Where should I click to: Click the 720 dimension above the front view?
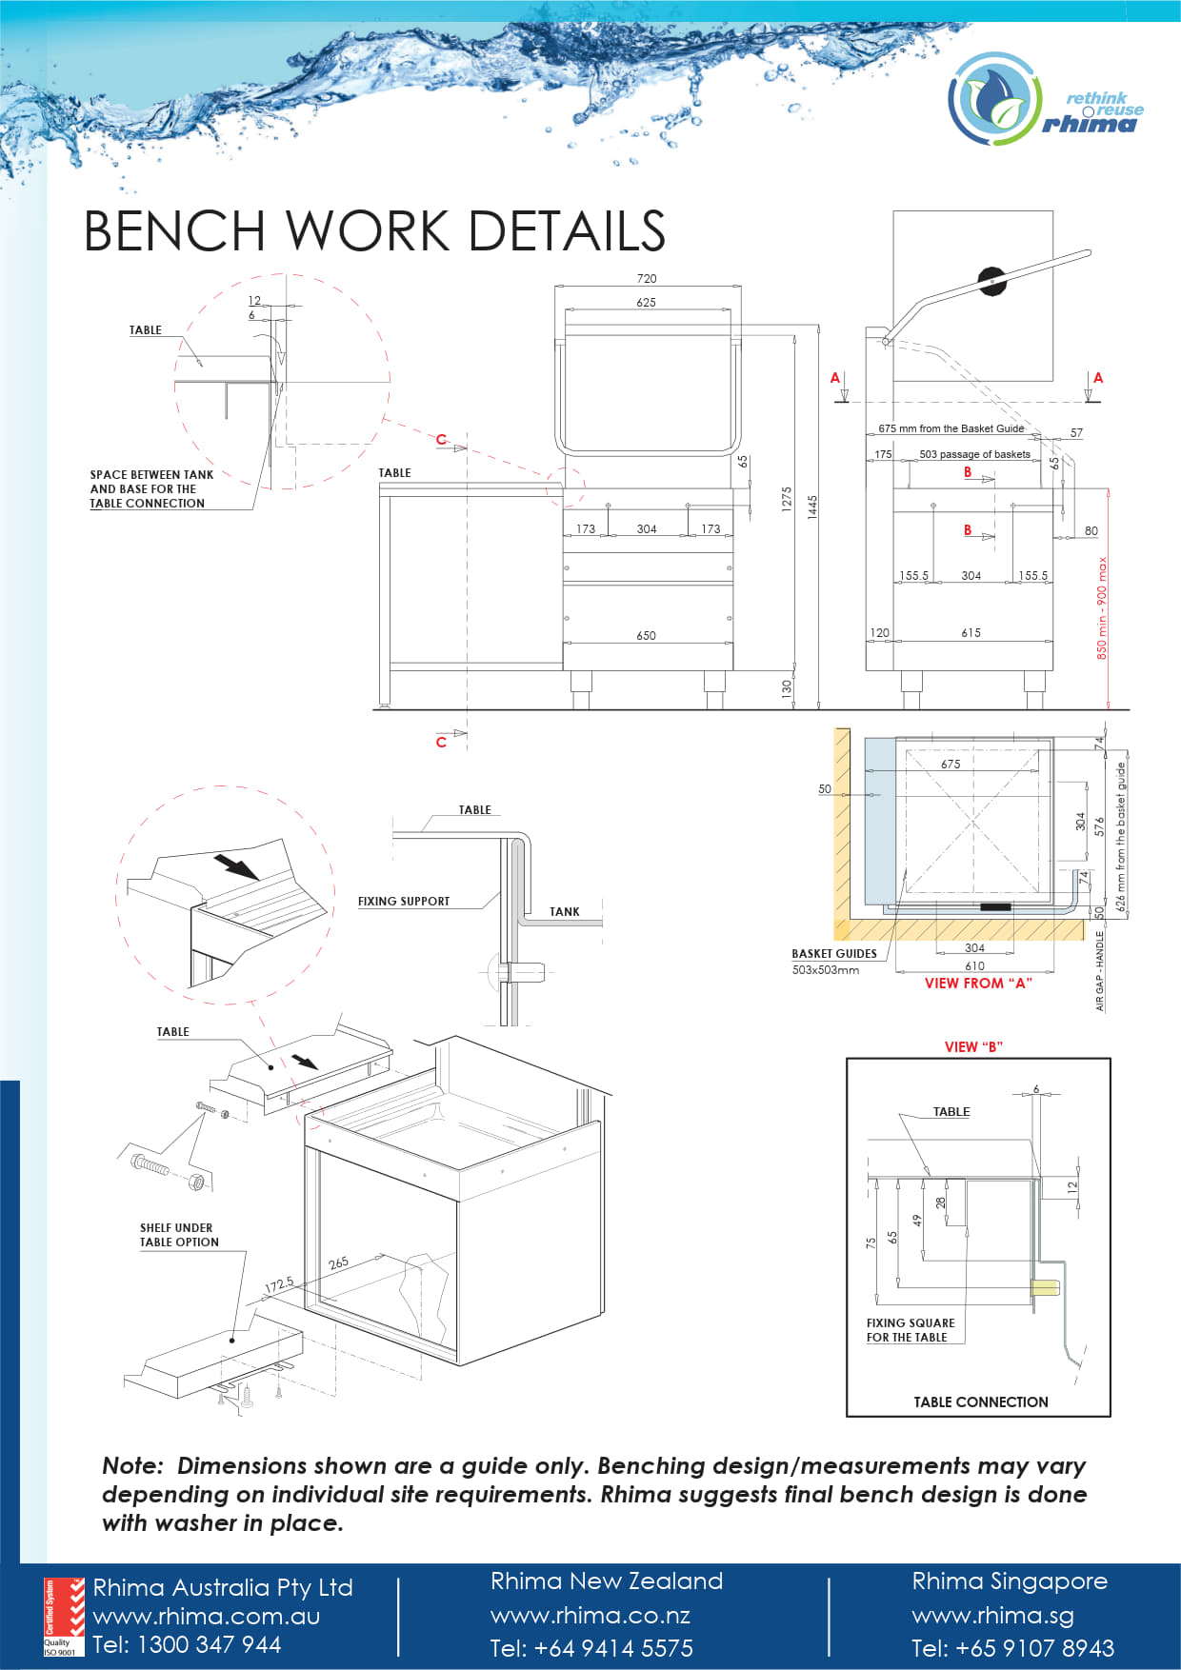tap(647, 278)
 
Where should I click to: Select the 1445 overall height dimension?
tap(812, 507)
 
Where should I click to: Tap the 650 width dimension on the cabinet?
tap(646, 635)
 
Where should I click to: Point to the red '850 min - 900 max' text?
tap(1102, 608)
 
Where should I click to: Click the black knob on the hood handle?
tap(991, 280)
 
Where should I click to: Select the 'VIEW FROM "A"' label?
tap(978, 984)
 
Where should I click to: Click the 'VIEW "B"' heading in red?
tap(973, 1046)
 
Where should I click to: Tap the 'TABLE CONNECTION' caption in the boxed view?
tap(980, 1402)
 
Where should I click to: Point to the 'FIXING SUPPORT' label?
tap(403, 901)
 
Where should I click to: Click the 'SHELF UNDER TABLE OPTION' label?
tap(179, 1235)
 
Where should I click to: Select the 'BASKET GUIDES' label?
tap(833, 953)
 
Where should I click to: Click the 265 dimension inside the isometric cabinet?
tap(338, 1263)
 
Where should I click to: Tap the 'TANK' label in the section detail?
tap(564, 911)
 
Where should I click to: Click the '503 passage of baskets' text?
tap(974, 454)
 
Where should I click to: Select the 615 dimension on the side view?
tap(971, 632)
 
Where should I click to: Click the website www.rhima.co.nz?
tap(590, 1616)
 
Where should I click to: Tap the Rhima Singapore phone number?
tap(1011, 1648)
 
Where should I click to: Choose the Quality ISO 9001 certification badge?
tap(64, 1617)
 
